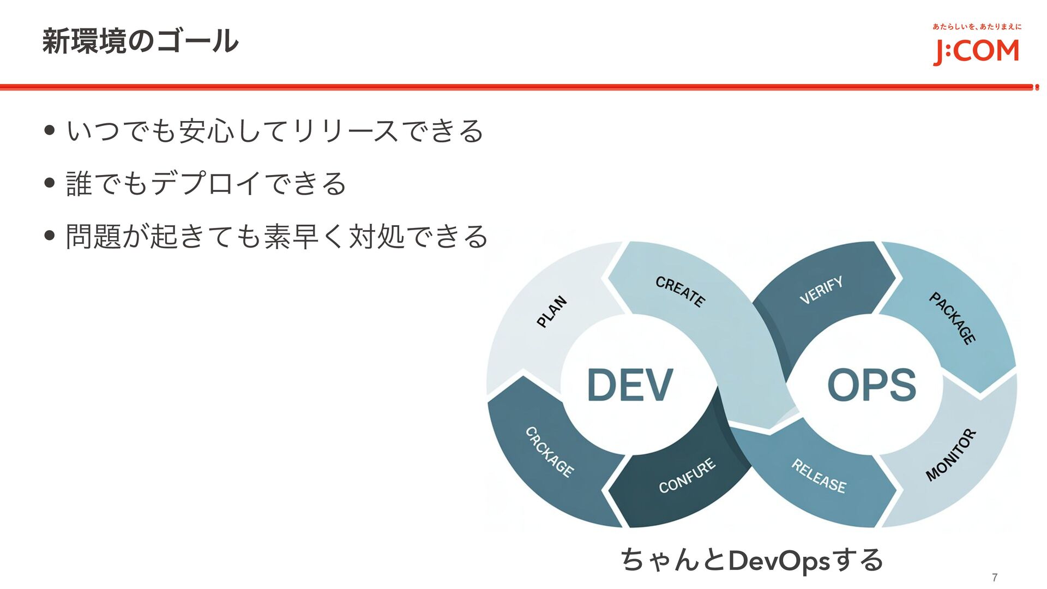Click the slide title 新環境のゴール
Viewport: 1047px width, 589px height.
coord(140,41)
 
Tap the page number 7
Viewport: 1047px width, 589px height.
coord(995,578)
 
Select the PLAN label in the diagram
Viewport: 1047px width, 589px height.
coord(552,311)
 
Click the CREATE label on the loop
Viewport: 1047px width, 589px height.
coord(680,291)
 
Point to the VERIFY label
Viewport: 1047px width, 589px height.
coord(821,290)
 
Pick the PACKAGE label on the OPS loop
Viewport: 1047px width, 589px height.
coord(952,318)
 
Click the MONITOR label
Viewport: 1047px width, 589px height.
coord(951,455)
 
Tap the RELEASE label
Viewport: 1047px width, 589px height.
coord(819,476)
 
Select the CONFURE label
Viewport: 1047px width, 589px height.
coord(687,476)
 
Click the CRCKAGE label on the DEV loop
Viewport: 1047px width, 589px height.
coord(549,452)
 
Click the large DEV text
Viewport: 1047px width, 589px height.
coord(630,384)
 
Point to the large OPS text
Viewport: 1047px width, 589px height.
coord(871,384)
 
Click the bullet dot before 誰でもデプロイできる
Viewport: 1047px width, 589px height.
coord(50,183)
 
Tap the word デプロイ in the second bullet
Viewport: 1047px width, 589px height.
coord(204,183)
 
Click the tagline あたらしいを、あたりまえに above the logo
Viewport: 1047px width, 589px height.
coord(977,27)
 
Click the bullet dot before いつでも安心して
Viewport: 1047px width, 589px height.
coord(50,131)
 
